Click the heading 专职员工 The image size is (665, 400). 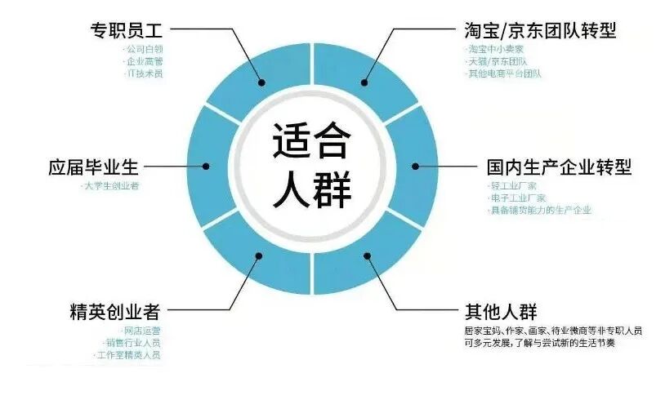[126, 31]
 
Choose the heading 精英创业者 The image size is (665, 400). [114, 312]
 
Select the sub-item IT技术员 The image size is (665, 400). [145, 73]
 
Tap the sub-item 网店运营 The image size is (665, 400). [140, 331]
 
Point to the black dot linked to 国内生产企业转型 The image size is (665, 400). [416, 167]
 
